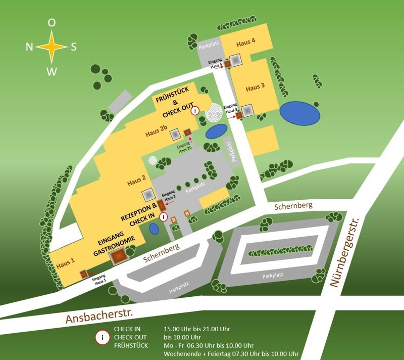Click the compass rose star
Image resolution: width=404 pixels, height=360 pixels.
click(x=52, y=47)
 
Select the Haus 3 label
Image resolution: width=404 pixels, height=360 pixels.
click(x=255, y=87)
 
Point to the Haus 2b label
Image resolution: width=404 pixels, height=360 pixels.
click(x=156, y=133)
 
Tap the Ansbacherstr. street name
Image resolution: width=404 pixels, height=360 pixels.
click(x=98, y=315)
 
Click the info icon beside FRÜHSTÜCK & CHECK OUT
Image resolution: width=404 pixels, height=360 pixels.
click(x=195, y=111)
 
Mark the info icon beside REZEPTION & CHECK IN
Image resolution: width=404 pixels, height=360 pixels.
click(x=163, y=216)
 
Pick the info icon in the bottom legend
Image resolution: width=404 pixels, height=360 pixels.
click(x=102, y=336)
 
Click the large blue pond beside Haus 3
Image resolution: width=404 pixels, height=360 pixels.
click(x=300, y=113)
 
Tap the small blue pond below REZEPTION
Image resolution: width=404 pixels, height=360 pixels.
click(x=155, y=229)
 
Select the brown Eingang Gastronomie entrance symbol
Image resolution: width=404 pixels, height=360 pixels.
click(x=118, y=256)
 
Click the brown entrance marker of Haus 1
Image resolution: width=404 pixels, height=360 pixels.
click(x=84, y=274)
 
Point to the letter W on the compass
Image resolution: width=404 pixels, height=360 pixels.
click(x=52, y=71)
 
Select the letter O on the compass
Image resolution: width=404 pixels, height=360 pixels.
click(x=52, y=23)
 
